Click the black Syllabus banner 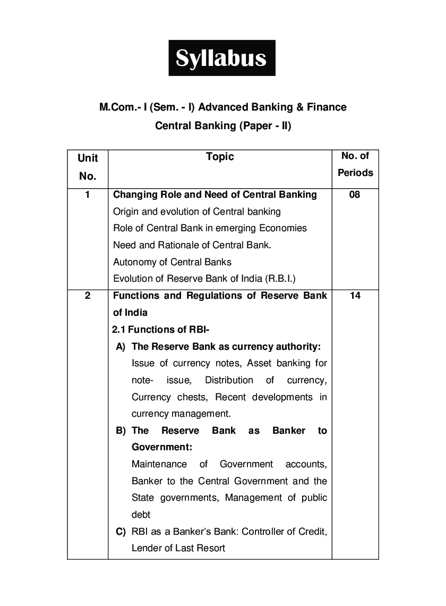(x=222, y=58)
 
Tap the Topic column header (x=220, y=156)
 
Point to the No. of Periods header (x=355, y=164)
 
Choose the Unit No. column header (x=88, y=166)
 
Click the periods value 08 (x=355, y=195)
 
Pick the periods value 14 (x=355, y=296)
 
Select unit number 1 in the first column (x=88, y=195)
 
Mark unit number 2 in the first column (x=88, y=296)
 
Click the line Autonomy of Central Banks (x=172, y=262)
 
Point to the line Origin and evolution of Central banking (x=196, y=212)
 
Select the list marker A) (x=121, y=347)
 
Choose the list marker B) (x=121, y=431)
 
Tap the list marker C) (x=121, y=531)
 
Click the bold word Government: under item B (x=162, y=447)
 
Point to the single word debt (x=141, y=515)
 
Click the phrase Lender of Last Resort (x=178, y=548)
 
